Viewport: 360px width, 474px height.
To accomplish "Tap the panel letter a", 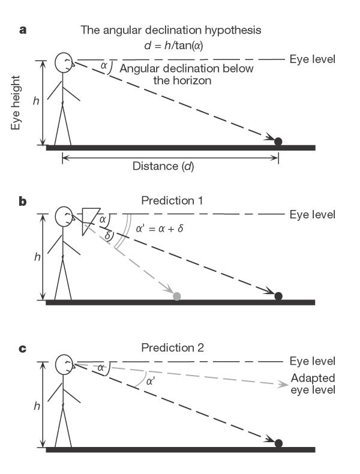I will point(23,29).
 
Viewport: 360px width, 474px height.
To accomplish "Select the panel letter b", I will point(23,201).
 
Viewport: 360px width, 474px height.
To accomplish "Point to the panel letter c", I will point(23,348).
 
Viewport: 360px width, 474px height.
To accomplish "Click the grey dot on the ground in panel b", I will point(176,296).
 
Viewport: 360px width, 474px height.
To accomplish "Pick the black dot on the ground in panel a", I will point(278,142).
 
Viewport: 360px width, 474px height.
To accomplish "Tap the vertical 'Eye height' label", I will point(16,103).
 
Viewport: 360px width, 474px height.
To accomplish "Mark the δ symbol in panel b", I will point(108,235).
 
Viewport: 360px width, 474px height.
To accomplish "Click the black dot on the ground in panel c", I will point(278,443).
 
